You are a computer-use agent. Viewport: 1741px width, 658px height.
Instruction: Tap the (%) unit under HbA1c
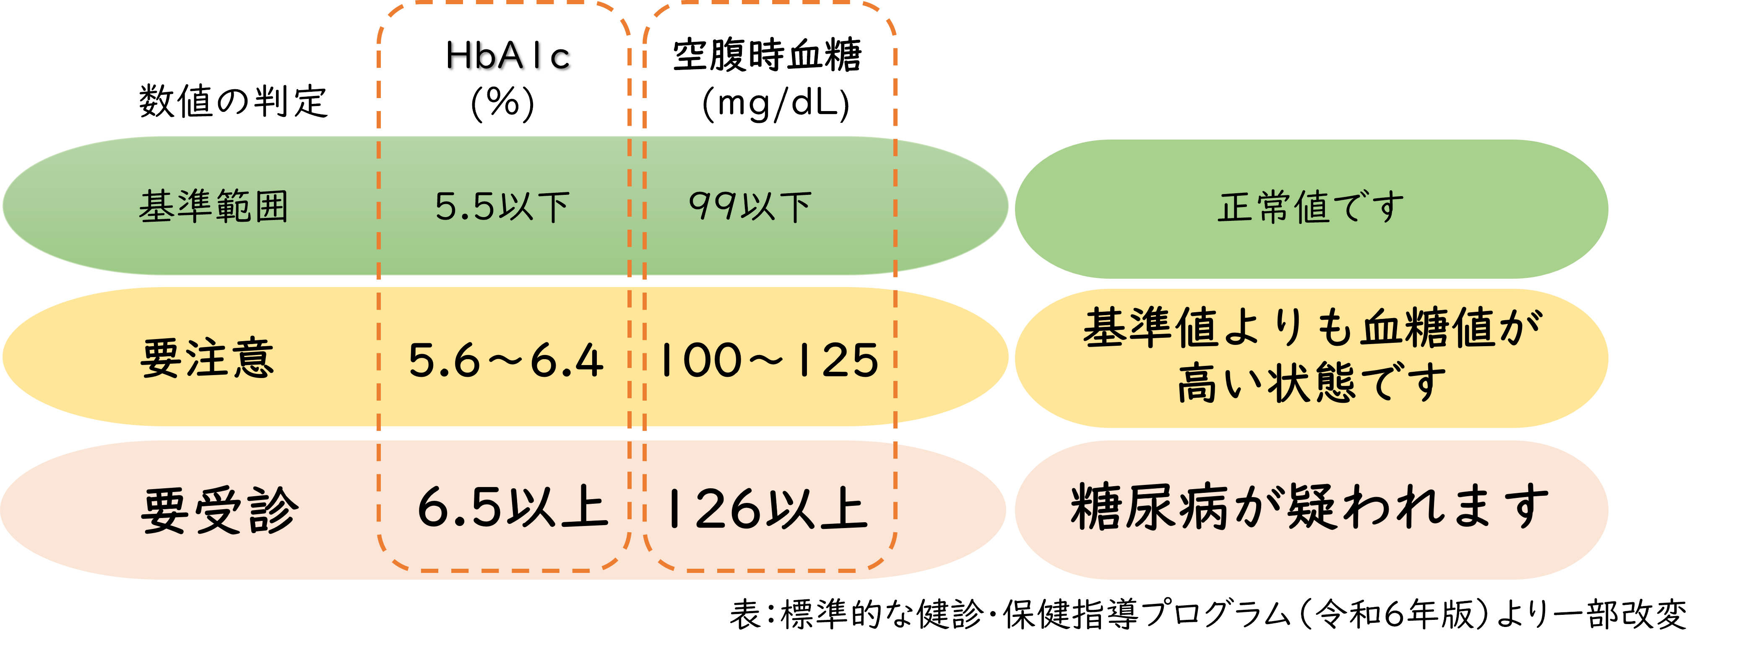[x=502, y=104]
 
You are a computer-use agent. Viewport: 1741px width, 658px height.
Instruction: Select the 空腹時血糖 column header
[x=767, y=55]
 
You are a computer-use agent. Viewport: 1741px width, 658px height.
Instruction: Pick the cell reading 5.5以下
[x=502, y=206]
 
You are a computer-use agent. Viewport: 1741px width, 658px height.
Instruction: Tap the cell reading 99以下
[x=749, y=206]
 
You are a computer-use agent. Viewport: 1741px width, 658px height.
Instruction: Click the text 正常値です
[x=1311, y=207]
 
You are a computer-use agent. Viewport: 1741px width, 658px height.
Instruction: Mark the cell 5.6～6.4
[x=505, y=360]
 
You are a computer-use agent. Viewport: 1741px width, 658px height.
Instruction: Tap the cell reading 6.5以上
[x=512, y=508]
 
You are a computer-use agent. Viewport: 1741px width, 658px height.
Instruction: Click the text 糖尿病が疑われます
[x=1310, y=507]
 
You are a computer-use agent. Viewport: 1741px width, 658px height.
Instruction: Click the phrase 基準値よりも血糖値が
[x=1312, y=328]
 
